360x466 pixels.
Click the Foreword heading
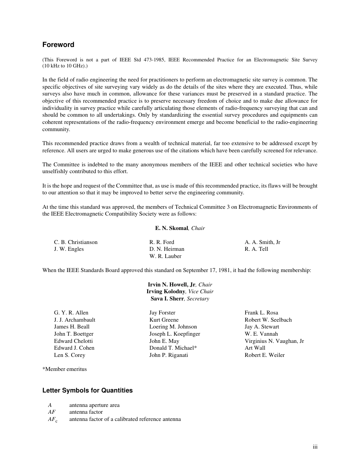58,45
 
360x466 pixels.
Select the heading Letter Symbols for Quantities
87,390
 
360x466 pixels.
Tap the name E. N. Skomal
171,228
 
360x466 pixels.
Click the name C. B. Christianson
75,242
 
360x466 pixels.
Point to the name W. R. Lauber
165,256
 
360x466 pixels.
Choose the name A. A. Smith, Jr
262,242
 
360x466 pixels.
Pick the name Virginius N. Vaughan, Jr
274,341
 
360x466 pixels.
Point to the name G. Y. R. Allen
71,313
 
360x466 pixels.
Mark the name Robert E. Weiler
265,355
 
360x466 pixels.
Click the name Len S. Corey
69,355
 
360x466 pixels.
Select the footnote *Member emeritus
64,369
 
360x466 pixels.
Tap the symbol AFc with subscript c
53,419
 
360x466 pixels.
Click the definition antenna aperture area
94,405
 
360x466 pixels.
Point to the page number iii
315,447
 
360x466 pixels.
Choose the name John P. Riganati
168,355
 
